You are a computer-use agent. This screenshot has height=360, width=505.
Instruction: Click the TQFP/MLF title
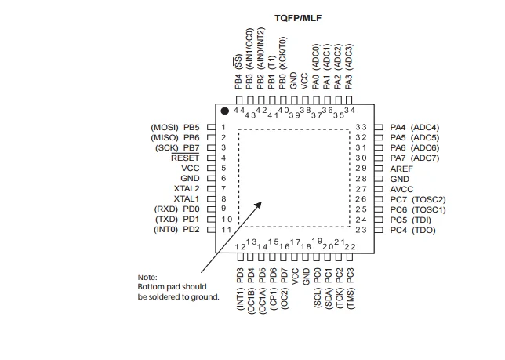click(299, 17)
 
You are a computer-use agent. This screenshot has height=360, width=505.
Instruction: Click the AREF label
click(401, 169)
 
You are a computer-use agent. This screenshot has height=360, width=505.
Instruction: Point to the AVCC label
click(401, 189)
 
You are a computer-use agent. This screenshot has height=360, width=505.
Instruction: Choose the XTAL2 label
click(187, 189)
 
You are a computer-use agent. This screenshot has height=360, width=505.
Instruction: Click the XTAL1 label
click(187, 199)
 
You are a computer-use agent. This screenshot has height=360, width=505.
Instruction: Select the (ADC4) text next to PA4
click(425, 127)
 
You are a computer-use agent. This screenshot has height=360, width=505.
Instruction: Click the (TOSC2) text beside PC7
click(428, 199)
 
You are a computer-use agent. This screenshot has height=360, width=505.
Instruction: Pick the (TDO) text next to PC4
click(423, 230)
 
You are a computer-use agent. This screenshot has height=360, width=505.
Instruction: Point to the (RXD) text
click(167, 209)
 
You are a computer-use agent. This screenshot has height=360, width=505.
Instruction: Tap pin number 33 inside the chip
click(361, 127)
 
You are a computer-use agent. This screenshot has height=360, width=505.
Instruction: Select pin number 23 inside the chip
click(361, 230)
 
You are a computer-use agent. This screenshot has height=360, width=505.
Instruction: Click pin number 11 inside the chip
click(226, 230)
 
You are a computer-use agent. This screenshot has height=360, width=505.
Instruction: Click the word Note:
click(147, 277)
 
